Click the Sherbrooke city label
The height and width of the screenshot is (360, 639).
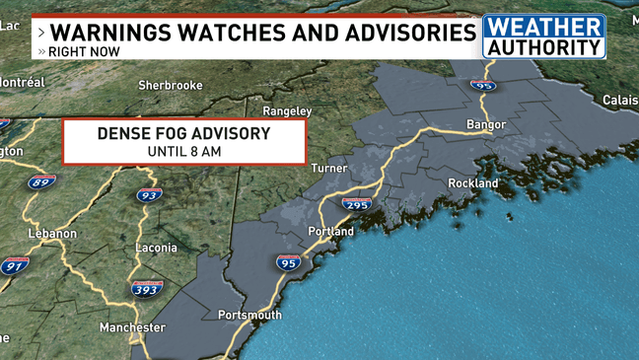tap(170, 86)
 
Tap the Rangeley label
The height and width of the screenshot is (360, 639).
tap(287, 111)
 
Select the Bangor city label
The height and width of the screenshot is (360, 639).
tap(486, 124)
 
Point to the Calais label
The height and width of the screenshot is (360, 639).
tap(620, 101)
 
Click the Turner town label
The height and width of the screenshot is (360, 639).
tap(328, 169)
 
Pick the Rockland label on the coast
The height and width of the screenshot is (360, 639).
tap(473, 183)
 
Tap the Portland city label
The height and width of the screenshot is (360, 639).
tap(330, 232)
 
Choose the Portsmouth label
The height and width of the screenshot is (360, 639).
tap(249, 316)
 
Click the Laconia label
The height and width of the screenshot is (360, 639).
tap(156, 248)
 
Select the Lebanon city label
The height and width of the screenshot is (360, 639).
tap(52, 234)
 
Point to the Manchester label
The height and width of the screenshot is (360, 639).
tap(132, 327)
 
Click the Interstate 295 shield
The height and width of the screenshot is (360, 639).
tap(356, 204)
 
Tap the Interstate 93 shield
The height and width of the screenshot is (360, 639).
tap(149, 195)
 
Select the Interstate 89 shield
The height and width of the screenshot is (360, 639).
tap(40, 182)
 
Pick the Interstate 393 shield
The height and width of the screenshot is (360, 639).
tap(146, 288)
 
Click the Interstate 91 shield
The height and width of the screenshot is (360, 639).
tap(15, 266)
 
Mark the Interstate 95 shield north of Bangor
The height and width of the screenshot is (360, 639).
tap(482, 86)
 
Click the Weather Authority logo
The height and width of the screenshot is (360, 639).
tap(543, 36)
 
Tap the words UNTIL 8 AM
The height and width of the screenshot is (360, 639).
tap(183, 152)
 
